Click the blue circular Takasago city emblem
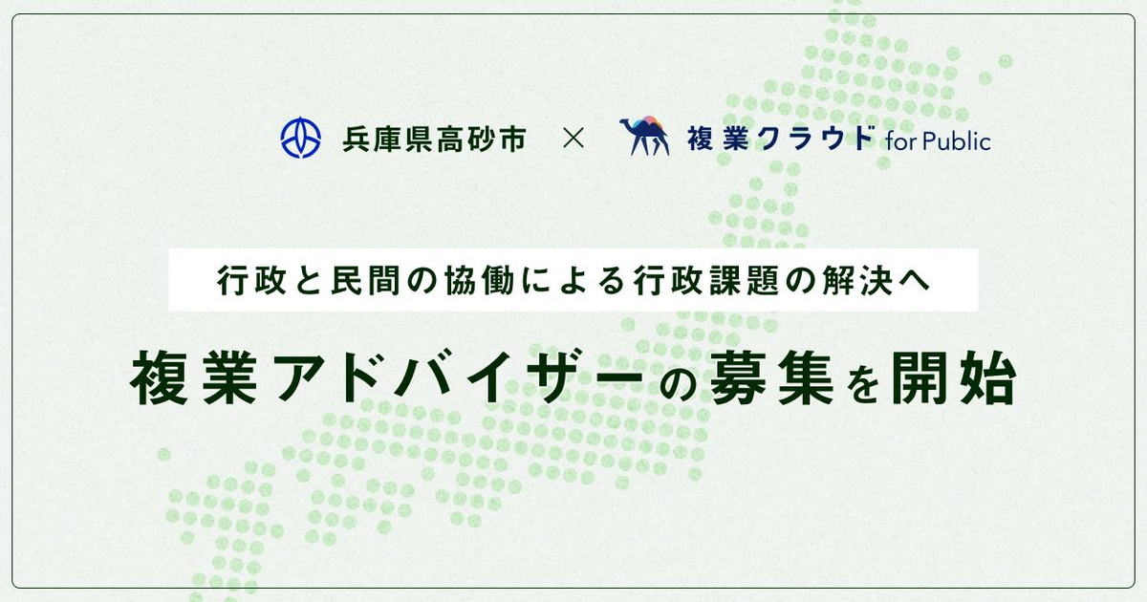click(301, 138)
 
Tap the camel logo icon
click(644, 135)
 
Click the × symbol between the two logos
click(573, 139)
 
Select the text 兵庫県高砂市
click(434, 139)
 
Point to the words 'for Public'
click(938, 141)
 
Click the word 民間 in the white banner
click(366, 281)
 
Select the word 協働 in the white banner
click(480, 281)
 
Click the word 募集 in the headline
click(771, 377)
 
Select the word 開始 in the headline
click(954, 377)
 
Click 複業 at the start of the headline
click(193, 377)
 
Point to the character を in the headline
click(863, 381)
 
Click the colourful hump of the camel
click(648, 123)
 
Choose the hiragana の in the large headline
click(677, 384)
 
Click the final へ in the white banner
click(915, 282)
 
